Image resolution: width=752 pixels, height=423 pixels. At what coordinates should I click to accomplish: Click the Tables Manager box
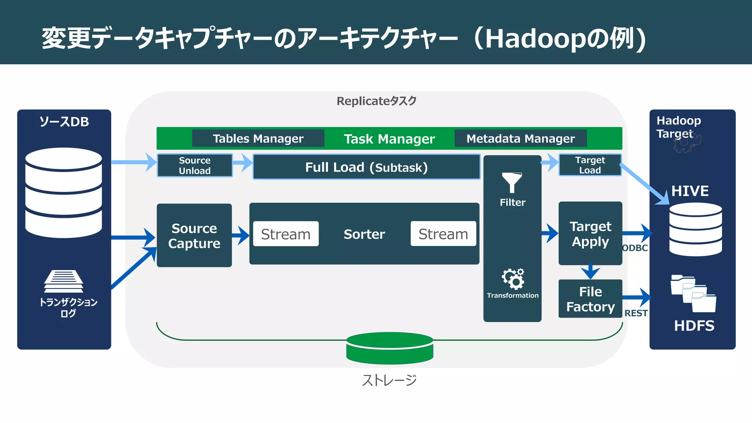(258, 138)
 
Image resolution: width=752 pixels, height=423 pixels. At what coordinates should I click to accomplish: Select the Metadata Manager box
(520, 138)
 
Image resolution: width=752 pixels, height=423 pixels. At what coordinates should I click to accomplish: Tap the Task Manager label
(389, 139)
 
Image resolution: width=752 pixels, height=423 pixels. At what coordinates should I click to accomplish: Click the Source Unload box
(195, 166)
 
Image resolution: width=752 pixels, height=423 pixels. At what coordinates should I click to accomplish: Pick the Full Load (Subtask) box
(366, 167)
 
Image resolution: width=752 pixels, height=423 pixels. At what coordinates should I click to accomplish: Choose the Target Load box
(590, 165)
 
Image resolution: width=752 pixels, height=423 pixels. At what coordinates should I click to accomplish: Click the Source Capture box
(194, 235)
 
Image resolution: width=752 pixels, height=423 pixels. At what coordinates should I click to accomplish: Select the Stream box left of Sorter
(286, 234)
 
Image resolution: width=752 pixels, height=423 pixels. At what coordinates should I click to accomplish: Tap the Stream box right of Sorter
(443, 234)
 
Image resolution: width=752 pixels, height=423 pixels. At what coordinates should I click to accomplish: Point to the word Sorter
(364, 234)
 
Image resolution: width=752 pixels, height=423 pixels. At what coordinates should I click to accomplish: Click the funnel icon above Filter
(512, 182)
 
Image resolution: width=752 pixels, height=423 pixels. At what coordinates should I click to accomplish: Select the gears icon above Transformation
(513, 279)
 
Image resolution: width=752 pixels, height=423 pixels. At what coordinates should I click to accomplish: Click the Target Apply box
(590, 234)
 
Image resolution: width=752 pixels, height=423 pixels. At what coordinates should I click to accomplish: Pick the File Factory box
(590, 299)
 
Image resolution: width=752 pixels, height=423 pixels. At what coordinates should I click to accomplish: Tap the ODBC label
(635, 248)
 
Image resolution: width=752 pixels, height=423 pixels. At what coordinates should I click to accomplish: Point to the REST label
(636, 313)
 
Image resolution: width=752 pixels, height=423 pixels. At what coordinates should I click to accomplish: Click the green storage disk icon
(390, 348)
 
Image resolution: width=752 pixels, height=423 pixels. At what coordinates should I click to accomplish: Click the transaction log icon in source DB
(64, 281)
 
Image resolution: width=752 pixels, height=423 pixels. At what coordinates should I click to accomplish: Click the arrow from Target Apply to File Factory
(590, 272)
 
